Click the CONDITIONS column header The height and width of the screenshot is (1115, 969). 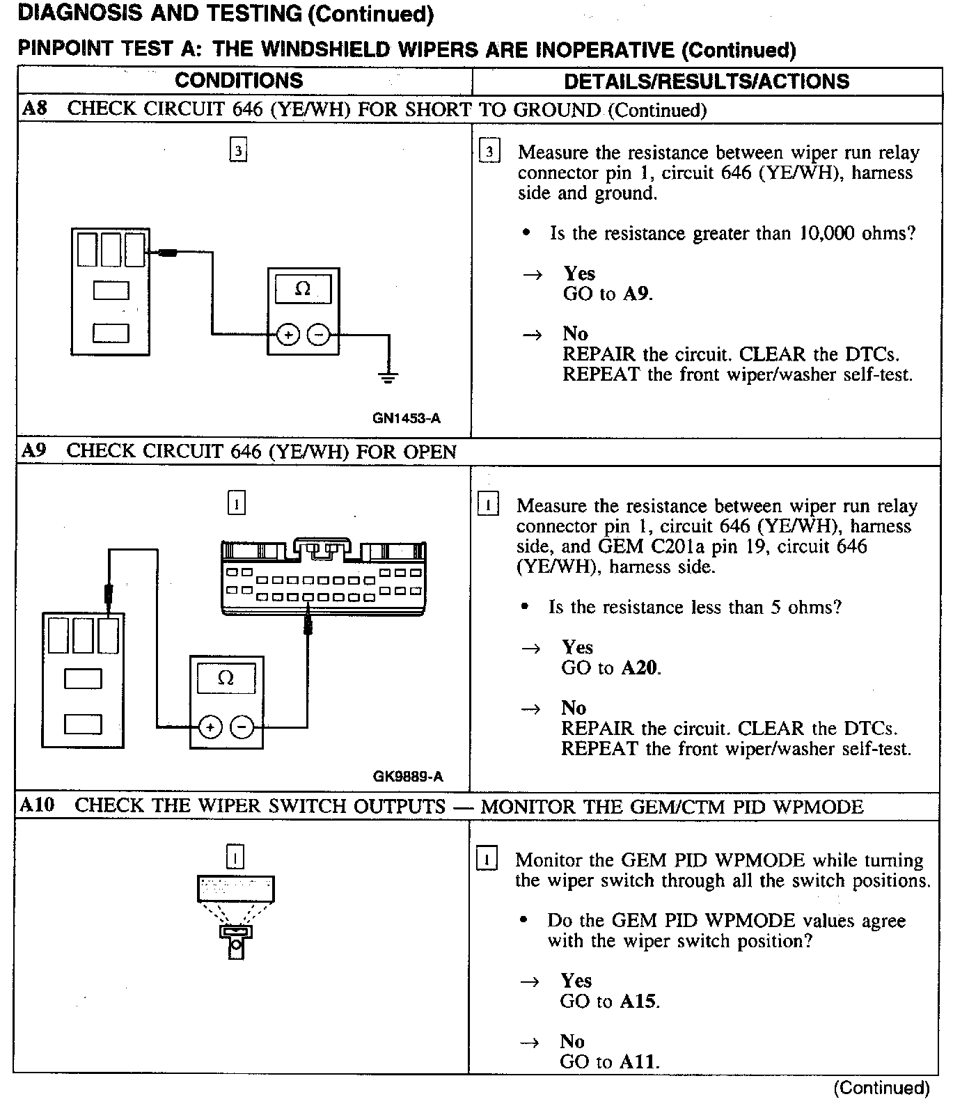pos(239,81)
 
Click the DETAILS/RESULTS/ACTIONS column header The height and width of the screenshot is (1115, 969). pos(706,81)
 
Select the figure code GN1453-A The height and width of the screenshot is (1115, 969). pos(407,418)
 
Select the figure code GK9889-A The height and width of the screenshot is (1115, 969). pos(408,776)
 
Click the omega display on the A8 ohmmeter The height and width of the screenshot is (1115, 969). pos(303,289)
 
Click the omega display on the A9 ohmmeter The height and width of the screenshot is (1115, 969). pos(226,678)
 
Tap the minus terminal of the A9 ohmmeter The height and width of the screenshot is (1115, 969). pos(242,727)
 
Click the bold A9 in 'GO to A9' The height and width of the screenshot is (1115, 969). pos(636,294)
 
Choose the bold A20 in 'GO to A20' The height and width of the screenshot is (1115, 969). pos(639,668)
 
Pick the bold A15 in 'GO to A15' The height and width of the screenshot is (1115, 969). pos(638,1002)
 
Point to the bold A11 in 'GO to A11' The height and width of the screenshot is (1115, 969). pos(638,1062)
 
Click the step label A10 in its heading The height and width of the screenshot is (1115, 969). pos(36,806)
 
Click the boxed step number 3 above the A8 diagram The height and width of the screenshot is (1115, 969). pos(239,150)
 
